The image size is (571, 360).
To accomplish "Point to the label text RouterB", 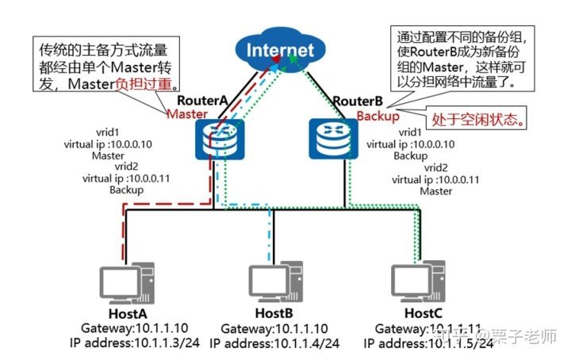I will (358, 101).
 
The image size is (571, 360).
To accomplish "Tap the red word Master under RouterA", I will (186, 114).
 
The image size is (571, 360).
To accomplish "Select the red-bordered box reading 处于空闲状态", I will (477, 120).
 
